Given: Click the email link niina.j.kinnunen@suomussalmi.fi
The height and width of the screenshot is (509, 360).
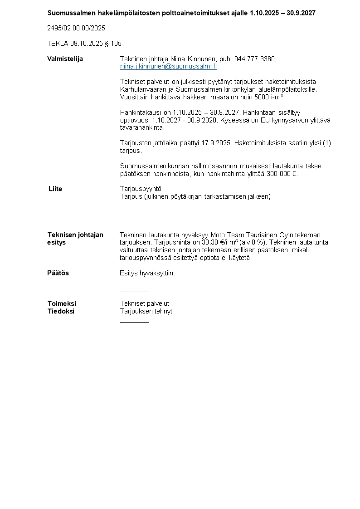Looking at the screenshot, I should [x=168, y=66].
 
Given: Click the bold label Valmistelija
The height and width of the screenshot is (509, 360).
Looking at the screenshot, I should [x=65, y=59].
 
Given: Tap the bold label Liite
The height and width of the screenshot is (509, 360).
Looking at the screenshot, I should [x=55, y=189].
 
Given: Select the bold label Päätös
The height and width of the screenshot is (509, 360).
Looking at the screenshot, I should [x=58, y=273].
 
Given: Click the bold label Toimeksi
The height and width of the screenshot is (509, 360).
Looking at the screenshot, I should [x=62, y=303].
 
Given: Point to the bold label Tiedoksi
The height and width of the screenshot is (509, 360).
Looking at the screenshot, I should [x=61, y=311].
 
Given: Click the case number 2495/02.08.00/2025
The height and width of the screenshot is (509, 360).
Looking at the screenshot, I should [x=76, y=28].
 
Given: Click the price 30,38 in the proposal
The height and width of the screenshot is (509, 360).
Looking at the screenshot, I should [x=210, y=242].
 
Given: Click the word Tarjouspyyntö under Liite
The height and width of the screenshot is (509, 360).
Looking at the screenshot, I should [x=141, y=189].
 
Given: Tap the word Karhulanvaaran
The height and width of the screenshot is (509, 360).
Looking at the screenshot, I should [x=141, y=89].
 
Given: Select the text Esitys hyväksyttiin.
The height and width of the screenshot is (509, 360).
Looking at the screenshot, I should [x=147, y=273].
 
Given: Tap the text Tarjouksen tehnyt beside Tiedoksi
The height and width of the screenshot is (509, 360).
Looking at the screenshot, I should [x=146, y=311].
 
